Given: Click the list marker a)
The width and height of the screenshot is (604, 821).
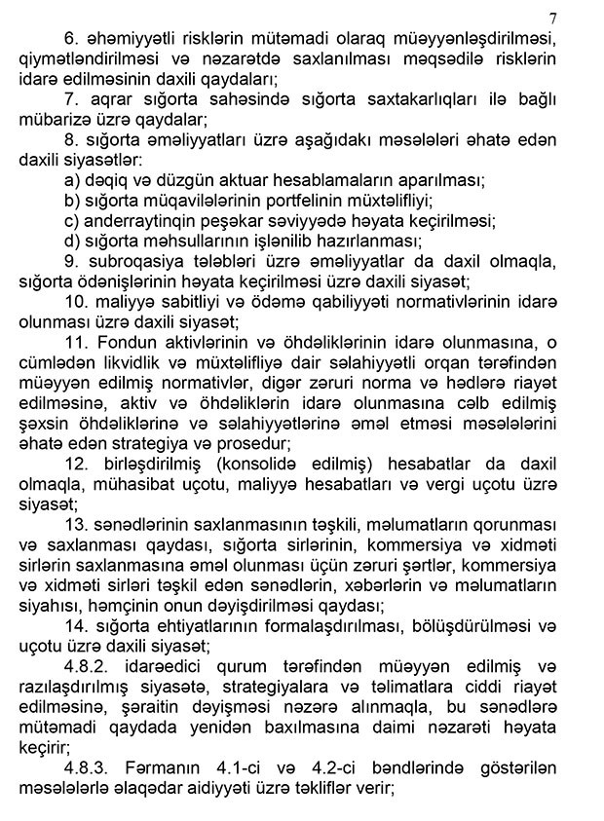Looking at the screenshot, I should click(72, 180).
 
